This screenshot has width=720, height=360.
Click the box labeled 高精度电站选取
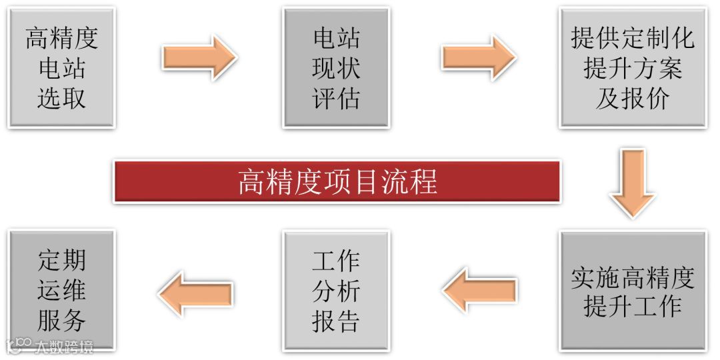tap(61, 67)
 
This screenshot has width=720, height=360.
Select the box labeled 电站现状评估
tap(336, 67)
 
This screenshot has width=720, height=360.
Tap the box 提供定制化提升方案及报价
tap(632, 67)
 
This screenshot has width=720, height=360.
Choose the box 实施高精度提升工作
tap(632, 291)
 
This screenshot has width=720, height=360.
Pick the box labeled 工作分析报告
tap(336, 291)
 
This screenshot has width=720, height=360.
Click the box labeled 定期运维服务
tap(61, 291)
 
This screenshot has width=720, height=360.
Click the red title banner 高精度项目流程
tap(337, 181)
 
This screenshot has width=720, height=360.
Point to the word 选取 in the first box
tap(61, 99)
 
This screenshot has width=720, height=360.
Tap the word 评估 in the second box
tap(336, 99)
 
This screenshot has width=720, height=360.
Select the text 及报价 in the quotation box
tap(632, 99)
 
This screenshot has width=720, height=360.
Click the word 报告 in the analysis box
tap(336, 321)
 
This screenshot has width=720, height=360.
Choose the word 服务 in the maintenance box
tap(61, 321)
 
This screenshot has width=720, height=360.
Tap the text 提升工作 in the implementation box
tap(632, 307)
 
